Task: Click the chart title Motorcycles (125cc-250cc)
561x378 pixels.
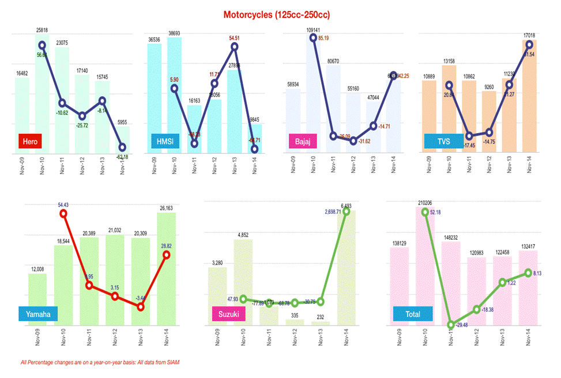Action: (x=280, y=13)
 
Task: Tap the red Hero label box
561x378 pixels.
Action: (x=29, y=141)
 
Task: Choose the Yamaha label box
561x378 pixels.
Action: (x=39, y=314)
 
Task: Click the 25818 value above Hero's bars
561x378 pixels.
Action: (x=42, y=29)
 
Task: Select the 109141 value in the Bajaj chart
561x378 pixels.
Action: (x=313, y=29)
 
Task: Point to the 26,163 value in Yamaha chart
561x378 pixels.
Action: (x=167, y=208)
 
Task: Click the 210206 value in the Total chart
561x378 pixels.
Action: (x=426, y=203)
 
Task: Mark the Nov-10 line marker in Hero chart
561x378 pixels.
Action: (x=42, y=45)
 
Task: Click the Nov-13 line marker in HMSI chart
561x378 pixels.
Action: (x=234, y=46)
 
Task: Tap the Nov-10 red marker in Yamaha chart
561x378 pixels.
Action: (x=63, y=214)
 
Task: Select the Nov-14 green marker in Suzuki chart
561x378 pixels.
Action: (x=347, y=211)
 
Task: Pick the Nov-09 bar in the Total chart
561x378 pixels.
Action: (x=400, y=285)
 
